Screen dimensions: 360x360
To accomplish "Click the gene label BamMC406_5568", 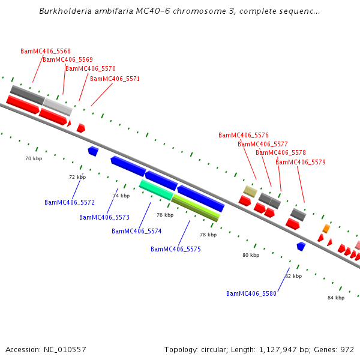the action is coord(46,51).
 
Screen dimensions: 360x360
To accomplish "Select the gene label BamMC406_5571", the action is coord(115,79).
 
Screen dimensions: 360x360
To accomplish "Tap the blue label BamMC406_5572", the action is coord(70,202).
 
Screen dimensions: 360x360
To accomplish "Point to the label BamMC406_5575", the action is coord(176,249).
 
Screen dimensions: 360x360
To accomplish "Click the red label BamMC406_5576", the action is coord(244,135).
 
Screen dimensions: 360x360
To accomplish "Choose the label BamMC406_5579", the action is coord(301,162).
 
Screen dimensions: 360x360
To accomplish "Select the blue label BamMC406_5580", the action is coord(251,293).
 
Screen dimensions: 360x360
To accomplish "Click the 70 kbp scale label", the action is coord(34,158).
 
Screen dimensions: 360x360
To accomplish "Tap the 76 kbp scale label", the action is coord(165,215).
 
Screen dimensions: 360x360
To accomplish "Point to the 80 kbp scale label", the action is coord(251,255).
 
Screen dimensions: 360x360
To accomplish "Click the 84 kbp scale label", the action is coord(336,298).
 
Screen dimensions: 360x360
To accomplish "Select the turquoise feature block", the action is coord(156,190).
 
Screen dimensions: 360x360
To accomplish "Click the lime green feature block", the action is coord(196,208).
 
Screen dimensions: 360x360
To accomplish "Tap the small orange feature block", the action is coord(326,229).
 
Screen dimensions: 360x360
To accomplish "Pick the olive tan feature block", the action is coord(250,191).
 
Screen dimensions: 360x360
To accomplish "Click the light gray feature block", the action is coord(58,107).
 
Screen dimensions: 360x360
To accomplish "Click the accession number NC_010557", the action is coord(65,350).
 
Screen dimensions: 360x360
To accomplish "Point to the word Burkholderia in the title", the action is coord(65,11).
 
